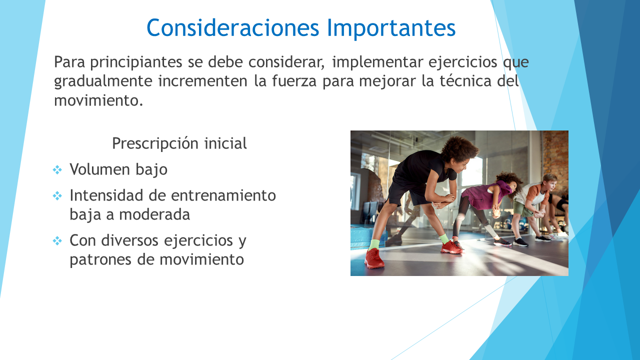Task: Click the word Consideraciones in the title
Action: tap(232, 27)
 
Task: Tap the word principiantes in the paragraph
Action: tap(136, 62)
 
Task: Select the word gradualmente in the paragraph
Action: tap(103, 81)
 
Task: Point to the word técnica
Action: tap(464, 80)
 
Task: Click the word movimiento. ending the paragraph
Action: tap(98, 100)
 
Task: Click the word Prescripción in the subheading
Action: tap(155, 143)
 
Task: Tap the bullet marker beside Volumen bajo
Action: tap(57, 169)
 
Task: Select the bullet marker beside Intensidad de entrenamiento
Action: tap(57, 196)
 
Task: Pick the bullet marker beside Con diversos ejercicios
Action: tap(57, 241)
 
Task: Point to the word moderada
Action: tap(154, 214)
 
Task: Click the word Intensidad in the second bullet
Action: tap(106, 195)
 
